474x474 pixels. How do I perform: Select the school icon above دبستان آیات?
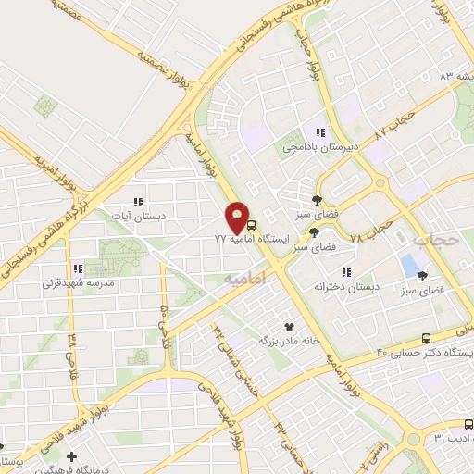139,202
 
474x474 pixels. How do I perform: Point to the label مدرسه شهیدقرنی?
77,283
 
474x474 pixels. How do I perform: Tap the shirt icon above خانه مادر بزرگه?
289,326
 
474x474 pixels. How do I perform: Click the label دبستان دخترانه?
347,287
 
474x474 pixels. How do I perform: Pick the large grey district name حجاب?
435,241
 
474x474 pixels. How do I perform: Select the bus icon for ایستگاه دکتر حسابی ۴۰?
425,338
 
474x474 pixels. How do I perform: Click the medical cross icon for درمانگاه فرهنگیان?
72,455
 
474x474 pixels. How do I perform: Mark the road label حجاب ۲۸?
370,234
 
